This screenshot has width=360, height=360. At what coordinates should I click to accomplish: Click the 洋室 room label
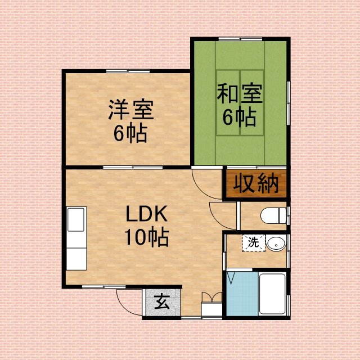tap(131, 110)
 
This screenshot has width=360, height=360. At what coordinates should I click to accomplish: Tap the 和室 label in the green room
tap(240, 93)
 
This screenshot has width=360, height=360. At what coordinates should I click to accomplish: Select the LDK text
tap(147, 214)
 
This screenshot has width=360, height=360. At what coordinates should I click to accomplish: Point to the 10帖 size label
tap(147, 237)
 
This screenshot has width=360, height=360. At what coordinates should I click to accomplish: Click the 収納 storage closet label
tap(256, 184)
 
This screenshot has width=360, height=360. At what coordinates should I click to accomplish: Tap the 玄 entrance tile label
tap(162, 302)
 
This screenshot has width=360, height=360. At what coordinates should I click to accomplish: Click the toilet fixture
tap(274, 215)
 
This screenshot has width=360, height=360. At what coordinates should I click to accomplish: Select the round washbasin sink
tap(276, 244)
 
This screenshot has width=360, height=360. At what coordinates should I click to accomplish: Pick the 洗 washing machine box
tap(254, 243)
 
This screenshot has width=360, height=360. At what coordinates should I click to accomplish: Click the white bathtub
tap(272, 294)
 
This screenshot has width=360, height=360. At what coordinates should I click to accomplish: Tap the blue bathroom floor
tap(242, 294)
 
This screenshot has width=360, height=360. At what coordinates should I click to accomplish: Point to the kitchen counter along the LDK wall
tap(76, 238)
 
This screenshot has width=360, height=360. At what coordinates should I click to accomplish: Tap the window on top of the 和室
tap(240, 39)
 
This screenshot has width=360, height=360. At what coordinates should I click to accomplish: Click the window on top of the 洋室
tap(128, 71)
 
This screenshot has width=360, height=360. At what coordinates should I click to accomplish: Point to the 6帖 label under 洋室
tap(130, 133)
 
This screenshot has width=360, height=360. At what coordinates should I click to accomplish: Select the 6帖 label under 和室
tap(240, 117)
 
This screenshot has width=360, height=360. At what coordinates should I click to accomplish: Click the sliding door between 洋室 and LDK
tap(133, 167)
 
